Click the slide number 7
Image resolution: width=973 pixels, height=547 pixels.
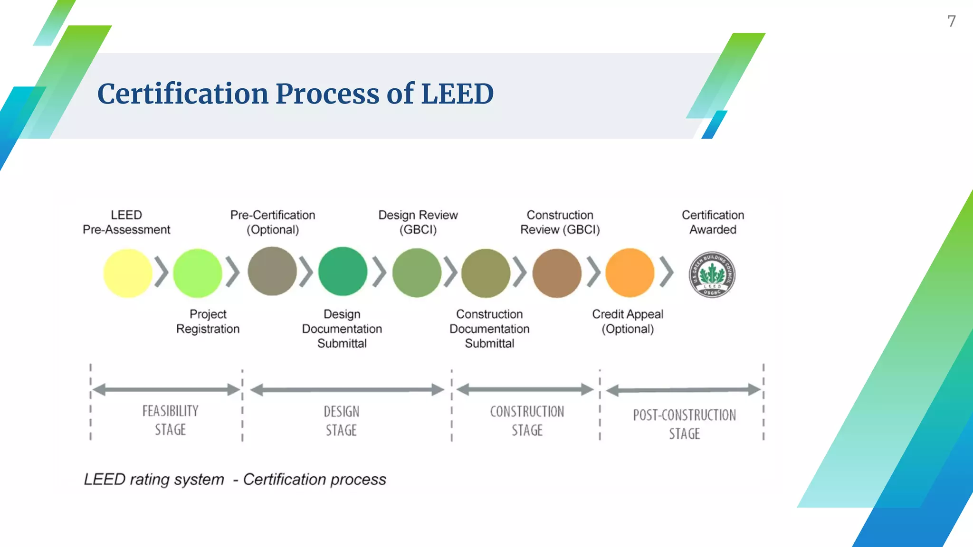click(951, 21)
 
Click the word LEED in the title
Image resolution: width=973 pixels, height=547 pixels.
click(457, 94)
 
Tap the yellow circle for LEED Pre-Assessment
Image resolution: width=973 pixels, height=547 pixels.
click(127, 273)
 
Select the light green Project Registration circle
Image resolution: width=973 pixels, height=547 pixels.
click(197, 273)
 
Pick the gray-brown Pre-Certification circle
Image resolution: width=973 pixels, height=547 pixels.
click(272, 271)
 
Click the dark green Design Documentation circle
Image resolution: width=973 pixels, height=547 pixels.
click(343, 272)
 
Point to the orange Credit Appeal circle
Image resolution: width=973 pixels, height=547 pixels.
click(630, 273)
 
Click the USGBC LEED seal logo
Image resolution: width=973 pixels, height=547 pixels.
click(712, 274)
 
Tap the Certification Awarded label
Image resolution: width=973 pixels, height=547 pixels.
click(713, 222)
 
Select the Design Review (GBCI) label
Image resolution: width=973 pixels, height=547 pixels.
click(418, 222)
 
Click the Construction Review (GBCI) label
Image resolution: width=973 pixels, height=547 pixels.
click(560, 222)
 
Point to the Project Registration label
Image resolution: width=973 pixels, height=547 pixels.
click(208, 321)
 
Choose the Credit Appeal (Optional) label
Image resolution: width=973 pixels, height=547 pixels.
click(627, 321)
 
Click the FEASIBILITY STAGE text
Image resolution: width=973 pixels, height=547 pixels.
click(170, 420)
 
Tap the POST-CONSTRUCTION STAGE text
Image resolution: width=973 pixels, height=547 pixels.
click(684, 424)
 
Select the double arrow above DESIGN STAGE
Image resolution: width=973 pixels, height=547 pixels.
click(347, 390)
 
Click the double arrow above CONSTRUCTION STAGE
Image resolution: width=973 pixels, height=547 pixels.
click(525, 390)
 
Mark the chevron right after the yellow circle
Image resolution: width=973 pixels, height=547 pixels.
click(162, 273)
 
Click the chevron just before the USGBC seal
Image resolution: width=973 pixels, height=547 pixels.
click(667, 273)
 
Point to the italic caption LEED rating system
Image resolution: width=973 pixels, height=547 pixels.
click(154, 480)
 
